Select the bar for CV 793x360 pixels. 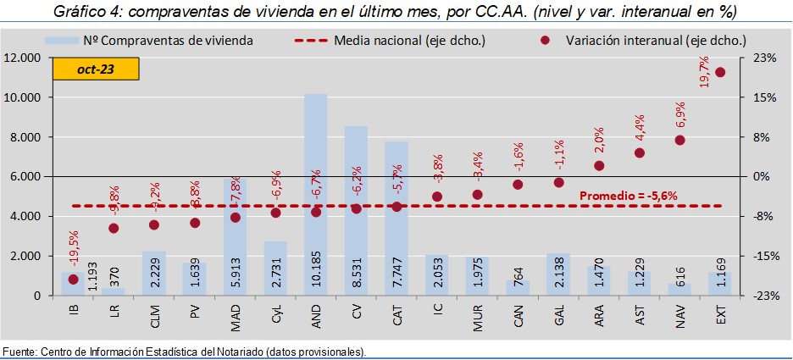356,169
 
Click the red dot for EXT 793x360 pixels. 720,72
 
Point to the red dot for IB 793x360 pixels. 73,279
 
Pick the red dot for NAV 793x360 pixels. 679,140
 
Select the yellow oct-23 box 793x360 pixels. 83,69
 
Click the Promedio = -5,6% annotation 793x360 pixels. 628,196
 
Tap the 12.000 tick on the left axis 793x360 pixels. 25,58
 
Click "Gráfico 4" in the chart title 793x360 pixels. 83,12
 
